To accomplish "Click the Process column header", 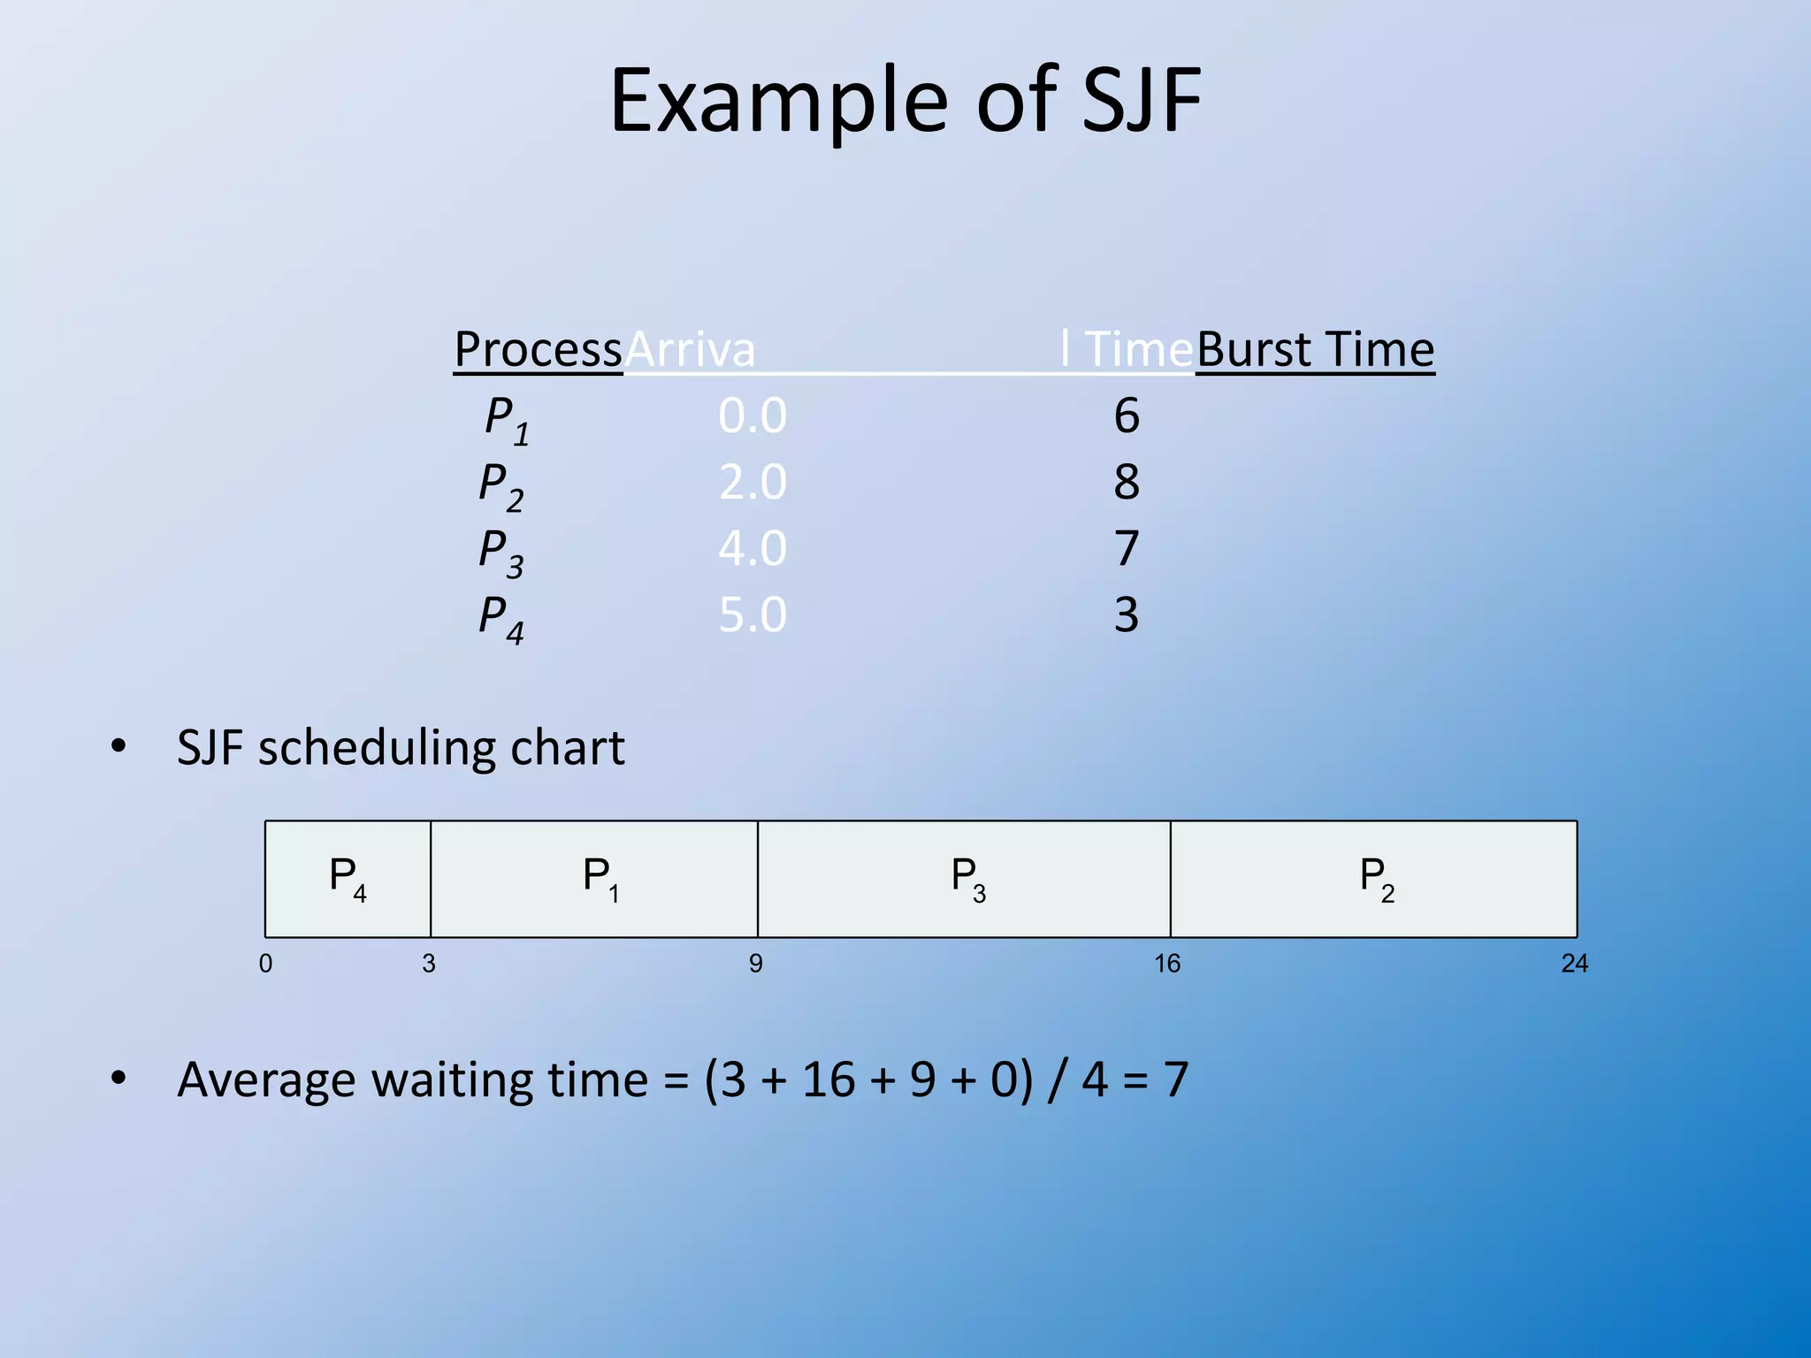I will pyautogui.click(x=538, y=349).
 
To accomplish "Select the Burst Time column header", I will pyautogui.click(x=1315, y=349).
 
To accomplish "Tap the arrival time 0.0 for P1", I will pyautogui.click(x=752, y=416).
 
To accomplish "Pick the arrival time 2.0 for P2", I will pyautogui.click(x=752, y=482).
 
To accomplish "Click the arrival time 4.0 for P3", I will pyautogui.click(x=752, y=548).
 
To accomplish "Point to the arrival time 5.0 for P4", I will pyautogui.click(x=752, y=614).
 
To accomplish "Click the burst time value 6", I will pyautogui.click(x=1126, y=416).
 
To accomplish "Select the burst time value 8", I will pyautogui.click(x=1126, y=482).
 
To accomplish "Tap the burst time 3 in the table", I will pyautogui.click(x=1126, y=614).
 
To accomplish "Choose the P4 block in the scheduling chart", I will pyautogui.click(x=348, y=879).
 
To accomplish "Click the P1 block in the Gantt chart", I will pyautogui.click(x=594, y=879).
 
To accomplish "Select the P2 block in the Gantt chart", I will pyautogui.click(x=1374, y=879).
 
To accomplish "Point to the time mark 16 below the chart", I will pyautogui.click(x=1167, y=964).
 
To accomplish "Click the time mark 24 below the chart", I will pyautogui.click(x=1574, y=964).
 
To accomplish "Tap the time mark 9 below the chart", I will pyautogui.click(x=755, y=964).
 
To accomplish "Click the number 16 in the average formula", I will pyautogui.click(x=828, y=1080).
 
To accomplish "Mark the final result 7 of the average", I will pyautogui.click(x=1175, y=1080).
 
